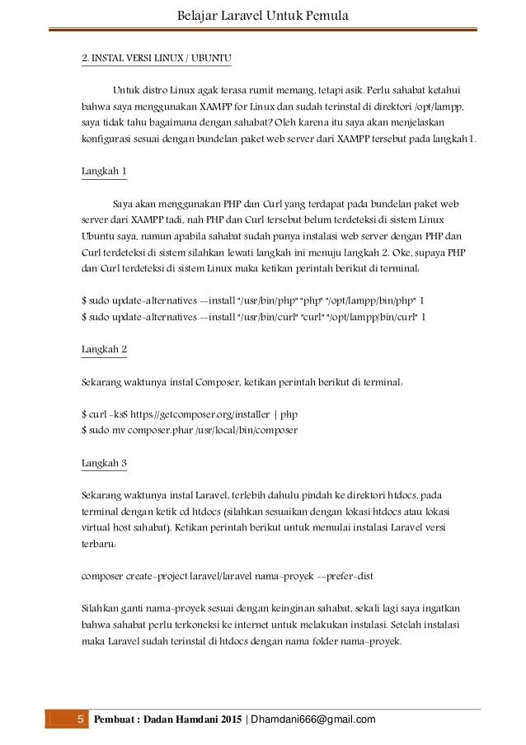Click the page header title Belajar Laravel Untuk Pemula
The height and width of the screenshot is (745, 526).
pos(263,14)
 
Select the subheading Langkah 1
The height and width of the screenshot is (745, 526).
pos(103,170)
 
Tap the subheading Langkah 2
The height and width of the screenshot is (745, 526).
pos(103,349)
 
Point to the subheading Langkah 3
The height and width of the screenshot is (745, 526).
pos(103,463)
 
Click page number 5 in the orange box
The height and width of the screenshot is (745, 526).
pos(81,720)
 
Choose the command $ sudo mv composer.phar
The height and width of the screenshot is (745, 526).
pos(189,430)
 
